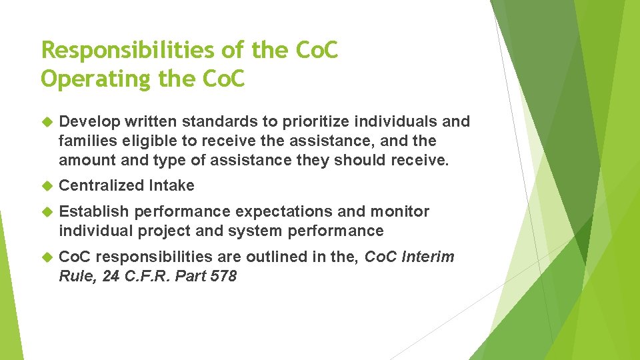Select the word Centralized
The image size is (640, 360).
(x=103, y=186)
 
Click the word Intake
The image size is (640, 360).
(x=173, y=186)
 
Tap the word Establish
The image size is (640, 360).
(x=93, y=212)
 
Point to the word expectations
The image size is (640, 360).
(x=275, y=212)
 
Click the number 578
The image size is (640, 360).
(x=223, y=277)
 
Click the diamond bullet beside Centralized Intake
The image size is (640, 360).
(x=47, y=186)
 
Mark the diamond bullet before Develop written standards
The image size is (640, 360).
(x=47, y=122)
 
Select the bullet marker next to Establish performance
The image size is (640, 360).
(x=47, y=212)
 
